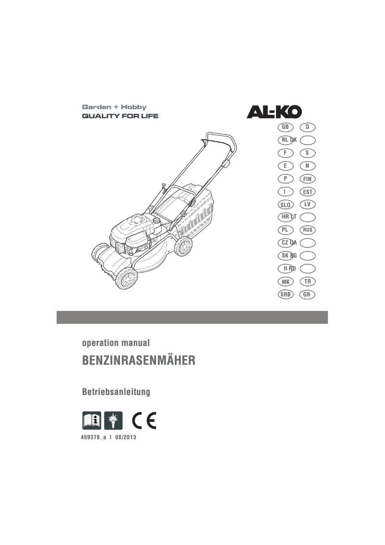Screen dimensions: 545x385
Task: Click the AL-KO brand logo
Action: point(274,112)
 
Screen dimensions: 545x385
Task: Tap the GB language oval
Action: point(285,127)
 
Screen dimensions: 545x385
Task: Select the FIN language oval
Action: point(307,179)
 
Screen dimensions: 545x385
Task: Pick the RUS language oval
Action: point(307,230)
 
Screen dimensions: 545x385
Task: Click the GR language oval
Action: point(307,294)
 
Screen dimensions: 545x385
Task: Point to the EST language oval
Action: point(307,192)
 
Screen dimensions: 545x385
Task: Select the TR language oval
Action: point(307,281)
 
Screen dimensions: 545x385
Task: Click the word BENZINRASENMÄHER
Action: point(139,361)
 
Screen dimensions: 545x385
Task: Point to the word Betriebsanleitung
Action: point(117,392)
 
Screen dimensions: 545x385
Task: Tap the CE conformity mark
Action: point(144,420)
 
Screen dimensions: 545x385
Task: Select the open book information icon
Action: point(92,420)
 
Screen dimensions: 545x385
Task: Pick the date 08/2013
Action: point(126,437)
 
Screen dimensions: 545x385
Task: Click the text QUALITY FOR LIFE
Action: point(120,116)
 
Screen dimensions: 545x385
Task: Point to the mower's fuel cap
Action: point(156,221)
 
